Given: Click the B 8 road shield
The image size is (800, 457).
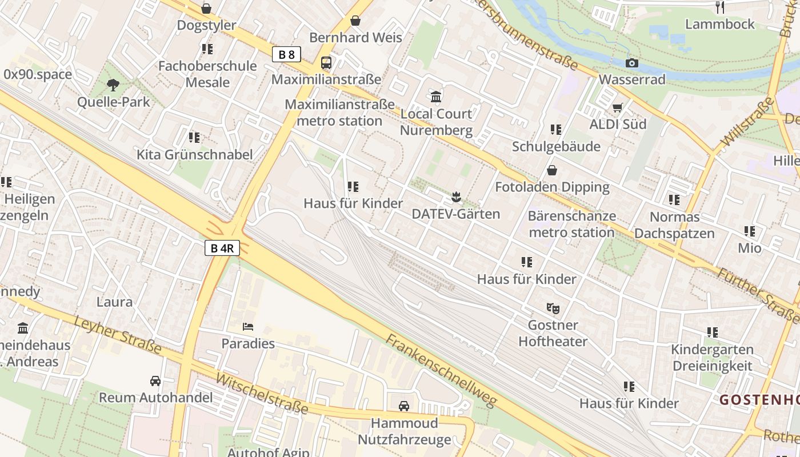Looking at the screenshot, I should click(286, 55).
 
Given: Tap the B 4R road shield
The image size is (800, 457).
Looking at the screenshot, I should click(222, 248).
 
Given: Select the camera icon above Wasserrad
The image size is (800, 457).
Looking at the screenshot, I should click(631, 63).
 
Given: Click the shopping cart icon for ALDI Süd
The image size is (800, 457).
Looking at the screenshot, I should click(617, 107).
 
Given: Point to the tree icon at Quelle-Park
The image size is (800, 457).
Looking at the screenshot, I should click(113, 85).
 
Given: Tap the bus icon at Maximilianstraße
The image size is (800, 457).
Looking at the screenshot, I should click(326, 62).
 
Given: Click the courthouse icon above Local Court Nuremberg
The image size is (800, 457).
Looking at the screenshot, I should click(437, 97).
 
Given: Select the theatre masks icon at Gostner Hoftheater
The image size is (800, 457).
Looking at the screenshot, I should click(553, 308).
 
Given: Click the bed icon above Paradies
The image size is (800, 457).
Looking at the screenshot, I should click(248, 327).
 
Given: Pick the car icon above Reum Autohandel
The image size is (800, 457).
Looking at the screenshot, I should click(155, 380).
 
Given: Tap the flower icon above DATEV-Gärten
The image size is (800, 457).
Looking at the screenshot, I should click(455, 197).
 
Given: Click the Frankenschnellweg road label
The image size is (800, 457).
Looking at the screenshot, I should click(441, 370).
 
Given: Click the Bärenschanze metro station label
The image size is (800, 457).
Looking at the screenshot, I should click(571, 224).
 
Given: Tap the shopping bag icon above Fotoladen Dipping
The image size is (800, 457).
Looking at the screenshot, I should click(551, 170).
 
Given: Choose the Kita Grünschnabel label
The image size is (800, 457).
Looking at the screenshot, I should click(194, 154).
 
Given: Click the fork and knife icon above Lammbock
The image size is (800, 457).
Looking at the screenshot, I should click(720, 7).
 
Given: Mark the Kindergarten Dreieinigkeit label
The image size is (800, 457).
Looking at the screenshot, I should click(712, 357).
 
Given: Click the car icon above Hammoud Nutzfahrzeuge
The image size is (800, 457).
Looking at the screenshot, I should click(404, 406).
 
